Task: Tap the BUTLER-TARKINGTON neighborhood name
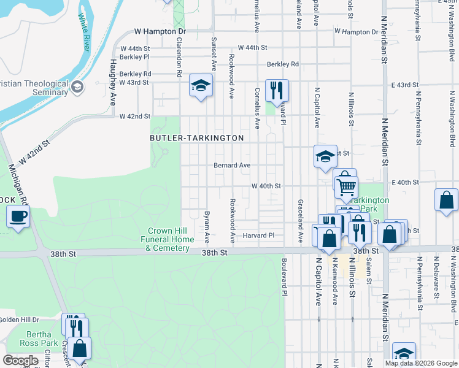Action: (x=197, y=139)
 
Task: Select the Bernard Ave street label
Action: (x=231, y=165)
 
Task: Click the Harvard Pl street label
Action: (x=258, y=236)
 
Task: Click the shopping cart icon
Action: (x=347, y=186)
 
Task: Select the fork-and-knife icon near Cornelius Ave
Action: (x=277, y=90)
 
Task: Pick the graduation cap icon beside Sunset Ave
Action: (x=201, y=86)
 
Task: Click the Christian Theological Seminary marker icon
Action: (x=78, y=87)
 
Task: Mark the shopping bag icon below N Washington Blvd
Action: (x=446, y=199)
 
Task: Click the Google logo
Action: (x=21, y=361)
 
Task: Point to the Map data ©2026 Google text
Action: (x=420, y=363)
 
